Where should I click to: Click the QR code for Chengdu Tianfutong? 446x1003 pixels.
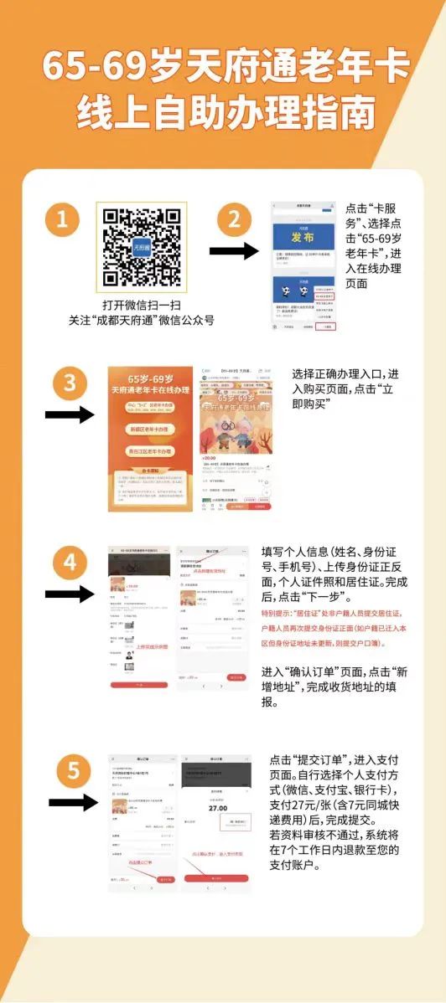coord(141,245)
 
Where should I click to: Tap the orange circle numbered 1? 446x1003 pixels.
coord(62,222)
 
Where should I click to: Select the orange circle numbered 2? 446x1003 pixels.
coord(234,221)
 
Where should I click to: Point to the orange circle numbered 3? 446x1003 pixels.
coord(70,384)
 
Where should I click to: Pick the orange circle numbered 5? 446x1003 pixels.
coord(73,769)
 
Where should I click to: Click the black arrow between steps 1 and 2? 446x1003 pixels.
coord(232,251)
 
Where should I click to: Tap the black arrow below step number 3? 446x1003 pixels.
coord(69,414)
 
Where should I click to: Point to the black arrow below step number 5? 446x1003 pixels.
coord(73,803)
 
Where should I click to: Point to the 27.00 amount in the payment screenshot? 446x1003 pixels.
coord(217,809)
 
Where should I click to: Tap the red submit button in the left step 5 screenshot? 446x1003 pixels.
coord(166,880)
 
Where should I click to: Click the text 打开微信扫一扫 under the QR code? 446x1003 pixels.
coord(141,305)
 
